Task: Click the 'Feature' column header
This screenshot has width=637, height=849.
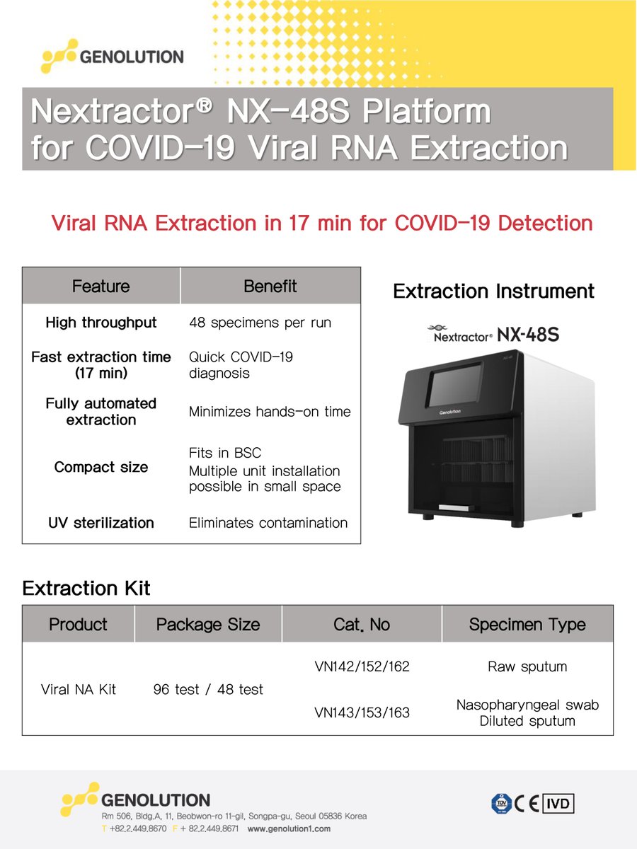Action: click(101, 287)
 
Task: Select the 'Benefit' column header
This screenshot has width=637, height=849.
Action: click(270, 286)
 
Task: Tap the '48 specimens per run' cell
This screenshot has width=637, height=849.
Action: click(260, 323)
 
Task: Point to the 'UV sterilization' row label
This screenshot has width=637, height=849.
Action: click(101, 523)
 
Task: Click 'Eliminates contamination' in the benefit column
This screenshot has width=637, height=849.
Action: click(268, 523)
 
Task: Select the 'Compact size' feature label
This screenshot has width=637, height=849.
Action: click(101, 467)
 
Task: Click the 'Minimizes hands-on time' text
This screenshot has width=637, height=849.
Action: click(269, 412)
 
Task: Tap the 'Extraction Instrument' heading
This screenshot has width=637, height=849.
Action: click(493, 291)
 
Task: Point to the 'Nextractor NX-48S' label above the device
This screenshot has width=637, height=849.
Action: click(493, 334)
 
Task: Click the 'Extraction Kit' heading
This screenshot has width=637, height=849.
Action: click(86, 588)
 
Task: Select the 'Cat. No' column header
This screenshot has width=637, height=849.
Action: click(361, 625)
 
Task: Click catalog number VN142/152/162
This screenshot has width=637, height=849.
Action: click(362, 666)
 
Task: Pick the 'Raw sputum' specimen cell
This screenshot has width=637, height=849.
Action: click(527, 666)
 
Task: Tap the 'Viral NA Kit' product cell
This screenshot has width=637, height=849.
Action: click(79, 689)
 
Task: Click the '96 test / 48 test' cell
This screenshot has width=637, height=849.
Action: click(208, 689)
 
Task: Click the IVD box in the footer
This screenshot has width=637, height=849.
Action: click(558, 803)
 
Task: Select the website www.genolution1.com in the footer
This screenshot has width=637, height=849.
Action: click(289, 828)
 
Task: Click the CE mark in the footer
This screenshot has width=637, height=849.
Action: click(527, 803)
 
